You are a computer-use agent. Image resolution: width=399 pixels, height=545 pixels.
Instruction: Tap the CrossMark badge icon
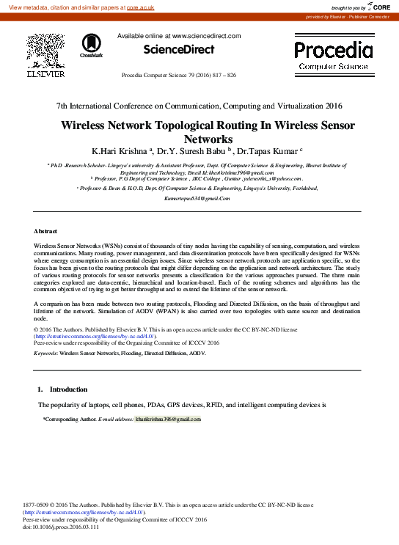[91, 45]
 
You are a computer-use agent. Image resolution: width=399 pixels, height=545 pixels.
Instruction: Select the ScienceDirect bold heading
[178, 50]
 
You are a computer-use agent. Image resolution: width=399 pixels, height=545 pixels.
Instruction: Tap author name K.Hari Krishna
[118, 151]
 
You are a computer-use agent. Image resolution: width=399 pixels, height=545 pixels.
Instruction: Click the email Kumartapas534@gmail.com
[197, 199]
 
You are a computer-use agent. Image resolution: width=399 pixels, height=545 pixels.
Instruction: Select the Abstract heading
[45, 231]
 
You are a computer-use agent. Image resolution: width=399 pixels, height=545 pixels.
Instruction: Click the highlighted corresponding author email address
[163, 419]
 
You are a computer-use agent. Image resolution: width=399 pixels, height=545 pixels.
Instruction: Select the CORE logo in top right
[378, 7]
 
